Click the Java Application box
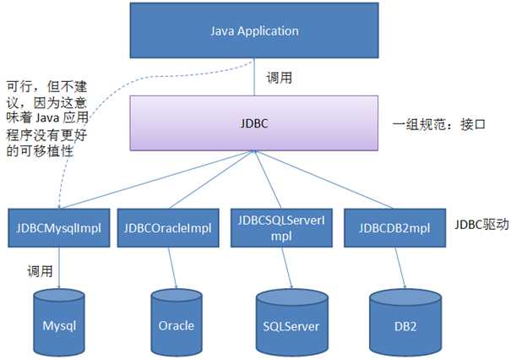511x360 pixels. [x=254, y=31]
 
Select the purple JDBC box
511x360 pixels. [x=254, y=123]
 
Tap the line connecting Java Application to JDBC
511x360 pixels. [x=254, y=79]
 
